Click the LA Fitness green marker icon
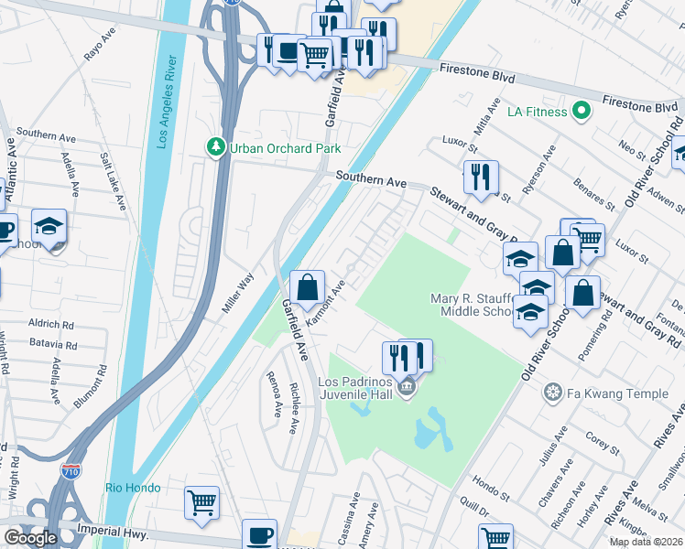580,112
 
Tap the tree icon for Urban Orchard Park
216,147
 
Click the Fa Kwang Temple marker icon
552,393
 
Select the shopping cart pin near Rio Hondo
201,501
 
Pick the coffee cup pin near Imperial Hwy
259,534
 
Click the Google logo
30,538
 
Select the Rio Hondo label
133,488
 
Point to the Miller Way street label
238,293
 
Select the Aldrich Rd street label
50,324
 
